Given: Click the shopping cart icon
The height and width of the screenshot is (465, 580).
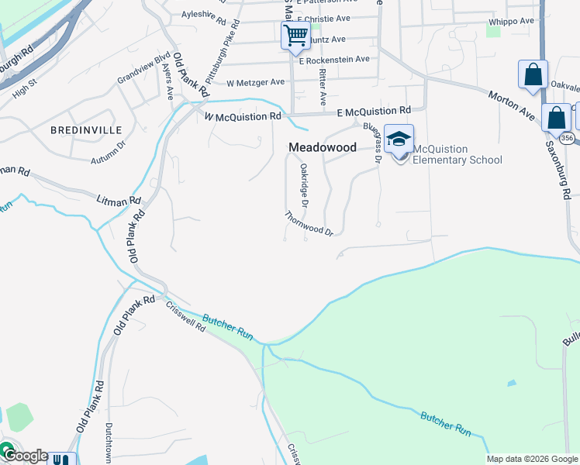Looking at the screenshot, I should (295, 35).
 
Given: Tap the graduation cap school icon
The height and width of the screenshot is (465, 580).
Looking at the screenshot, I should (399, 139).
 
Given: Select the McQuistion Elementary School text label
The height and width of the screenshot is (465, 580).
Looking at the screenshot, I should (457, 154).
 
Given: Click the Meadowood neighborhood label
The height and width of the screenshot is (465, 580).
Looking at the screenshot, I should (323, 146).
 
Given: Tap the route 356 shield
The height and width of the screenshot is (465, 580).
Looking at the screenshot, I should (568, 138).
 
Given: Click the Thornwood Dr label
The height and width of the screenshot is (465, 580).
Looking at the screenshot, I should (309, 223).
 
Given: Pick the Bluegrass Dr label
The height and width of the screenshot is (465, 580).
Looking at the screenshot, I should (371, 139).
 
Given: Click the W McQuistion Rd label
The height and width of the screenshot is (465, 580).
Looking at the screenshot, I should (242, 116).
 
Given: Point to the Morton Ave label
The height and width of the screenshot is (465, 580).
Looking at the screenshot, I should (512, 105).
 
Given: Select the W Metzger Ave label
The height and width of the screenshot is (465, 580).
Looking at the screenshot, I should (257, 82).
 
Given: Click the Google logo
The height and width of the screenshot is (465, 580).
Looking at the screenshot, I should (25, 456).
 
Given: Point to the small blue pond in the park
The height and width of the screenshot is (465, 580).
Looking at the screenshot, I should (511, 384).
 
